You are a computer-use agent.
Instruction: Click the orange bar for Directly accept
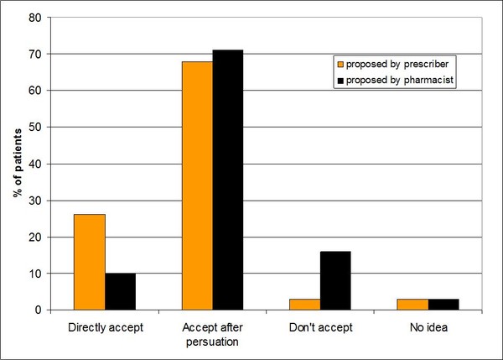point(90,262)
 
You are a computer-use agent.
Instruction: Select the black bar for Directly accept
point(120,291)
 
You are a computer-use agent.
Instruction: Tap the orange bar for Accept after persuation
point(197,185)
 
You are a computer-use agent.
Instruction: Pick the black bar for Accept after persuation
point(227,180)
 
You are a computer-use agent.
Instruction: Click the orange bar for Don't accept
point(304,304)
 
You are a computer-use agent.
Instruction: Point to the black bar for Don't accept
point(334,280)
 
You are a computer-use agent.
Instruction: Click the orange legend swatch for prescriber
point(340,63)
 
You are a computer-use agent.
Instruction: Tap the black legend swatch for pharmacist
point(340,80)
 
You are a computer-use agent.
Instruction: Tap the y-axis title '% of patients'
point(17,164)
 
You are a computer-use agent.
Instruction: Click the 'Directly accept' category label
point(105,326)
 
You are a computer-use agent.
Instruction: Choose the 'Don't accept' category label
point(319,326)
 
